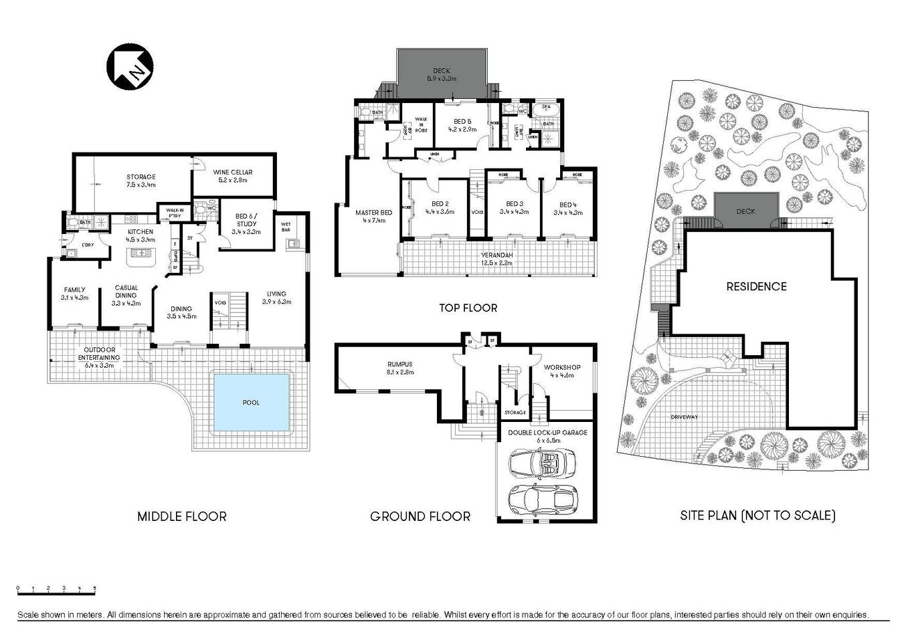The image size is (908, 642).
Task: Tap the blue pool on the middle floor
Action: tap(251, 402)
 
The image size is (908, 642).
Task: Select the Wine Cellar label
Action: tap(231, 175)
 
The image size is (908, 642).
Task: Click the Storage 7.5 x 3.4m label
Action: tap(141, 181)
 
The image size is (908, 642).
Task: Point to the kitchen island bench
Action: tap(141, 253)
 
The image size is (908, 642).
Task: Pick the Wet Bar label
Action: tap(286, 227)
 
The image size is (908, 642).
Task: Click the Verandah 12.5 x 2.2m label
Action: tap(496, 259)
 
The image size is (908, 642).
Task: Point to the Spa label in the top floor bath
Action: tap(546, 107)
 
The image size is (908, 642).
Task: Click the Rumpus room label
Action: tap(399, 367)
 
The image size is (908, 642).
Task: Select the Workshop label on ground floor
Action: tap(561, 371)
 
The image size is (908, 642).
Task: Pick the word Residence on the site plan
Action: tap(757, 286)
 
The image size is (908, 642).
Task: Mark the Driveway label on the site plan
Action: tap(684, 417)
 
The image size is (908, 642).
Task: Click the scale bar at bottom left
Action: tap(56, 589)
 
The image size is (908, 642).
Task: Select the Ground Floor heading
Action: tap(420, 516)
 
